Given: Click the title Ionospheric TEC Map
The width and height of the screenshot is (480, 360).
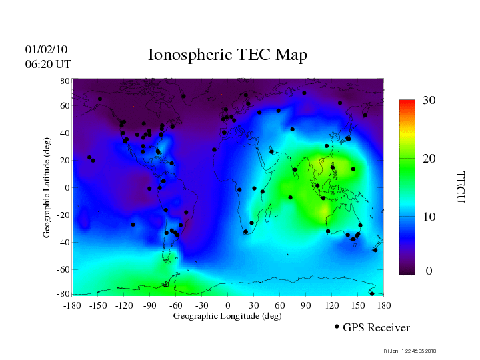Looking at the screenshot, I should tap(227, 55).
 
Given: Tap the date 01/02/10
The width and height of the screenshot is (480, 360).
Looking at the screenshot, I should tap(46, 50).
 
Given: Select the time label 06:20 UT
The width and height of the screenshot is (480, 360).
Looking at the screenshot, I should tap(47, 64).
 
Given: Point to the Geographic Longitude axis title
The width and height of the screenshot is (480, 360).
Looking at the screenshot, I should tap(227, 316).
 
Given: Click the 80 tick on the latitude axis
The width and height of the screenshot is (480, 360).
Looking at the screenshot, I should tap(65, 81).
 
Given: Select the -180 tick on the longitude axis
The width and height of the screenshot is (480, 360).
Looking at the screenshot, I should tap(72, 305).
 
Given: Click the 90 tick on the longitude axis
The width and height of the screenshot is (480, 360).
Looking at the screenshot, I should tap(306, 305).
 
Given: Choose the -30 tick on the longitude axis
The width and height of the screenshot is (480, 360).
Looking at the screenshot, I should tap(201, 305).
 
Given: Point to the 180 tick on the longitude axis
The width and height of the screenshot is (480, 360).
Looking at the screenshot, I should tap(384, 305).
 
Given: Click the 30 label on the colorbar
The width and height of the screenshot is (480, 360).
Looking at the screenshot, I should tap(429, 101).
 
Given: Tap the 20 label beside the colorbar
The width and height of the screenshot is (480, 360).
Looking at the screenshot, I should tap(429, 160).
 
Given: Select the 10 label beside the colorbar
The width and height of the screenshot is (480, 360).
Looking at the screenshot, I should tap(429, 217).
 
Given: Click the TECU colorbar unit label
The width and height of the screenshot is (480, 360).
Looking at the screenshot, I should tap(460, 187).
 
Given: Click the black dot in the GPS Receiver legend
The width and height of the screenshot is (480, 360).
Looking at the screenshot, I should tap(337, 327).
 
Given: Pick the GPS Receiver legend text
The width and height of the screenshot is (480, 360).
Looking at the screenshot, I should tap(376, 328).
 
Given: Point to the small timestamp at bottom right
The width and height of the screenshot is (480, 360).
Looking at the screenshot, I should tap(410, 351).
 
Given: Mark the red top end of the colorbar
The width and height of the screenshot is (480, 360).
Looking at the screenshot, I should tap(408, 103).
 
